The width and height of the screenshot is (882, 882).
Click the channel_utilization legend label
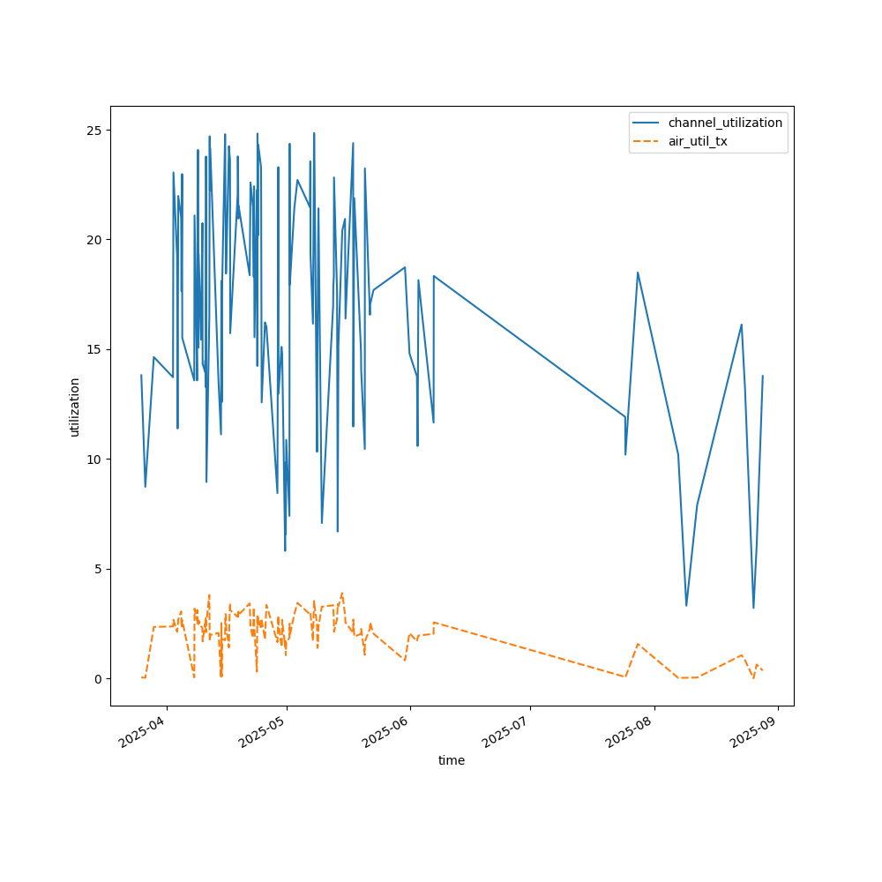pos(725,123)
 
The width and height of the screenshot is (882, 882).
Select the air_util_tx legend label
pos(698,141)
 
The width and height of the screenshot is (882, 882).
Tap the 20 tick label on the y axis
pos(93,240)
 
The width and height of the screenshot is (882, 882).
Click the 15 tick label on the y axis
pos(93,349)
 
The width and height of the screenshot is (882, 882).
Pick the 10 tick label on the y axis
pos(93,459)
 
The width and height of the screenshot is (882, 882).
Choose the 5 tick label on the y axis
pos(96,569)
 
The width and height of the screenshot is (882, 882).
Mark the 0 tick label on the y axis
pos(96,678)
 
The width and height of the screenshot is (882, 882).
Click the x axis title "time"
pos(452,760)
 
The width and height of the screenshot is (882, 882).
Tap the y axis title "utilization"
pos(75,407)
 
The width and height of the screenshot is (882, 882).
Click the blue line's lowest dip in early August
pos(686,605)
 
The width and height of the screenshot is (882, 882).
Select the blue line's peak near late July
pos(638,273)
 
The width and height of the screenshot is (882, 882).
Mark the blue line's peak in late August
pos(742,325)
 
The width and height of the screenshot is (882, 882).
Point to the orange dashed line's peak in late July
pos(638,644)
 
